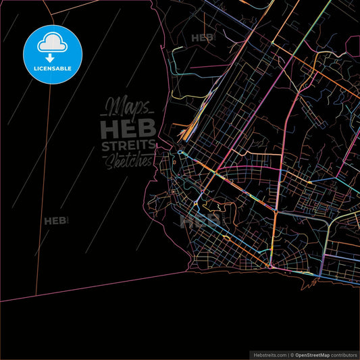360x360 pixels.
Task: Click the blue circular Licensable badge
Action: pos(53,53)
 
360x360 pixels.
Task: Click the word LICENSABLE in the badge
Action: pos(53,68)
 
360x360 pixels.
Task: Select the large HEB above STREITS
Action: pos(128,128)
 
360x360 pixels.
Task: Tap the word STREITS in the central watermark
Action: pos(128,146)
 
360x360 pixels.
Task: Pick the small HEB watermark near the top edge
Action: pos(203,38)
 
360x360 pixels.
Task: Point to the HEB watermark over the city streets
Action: pos(201,220)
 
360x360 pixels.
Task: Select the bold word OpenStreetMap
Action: pos(315,355)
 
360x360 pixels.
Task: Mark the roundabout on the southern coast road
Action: pos(270,265)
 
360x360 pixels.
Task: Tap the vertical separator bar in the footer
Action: pos(288,355)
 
